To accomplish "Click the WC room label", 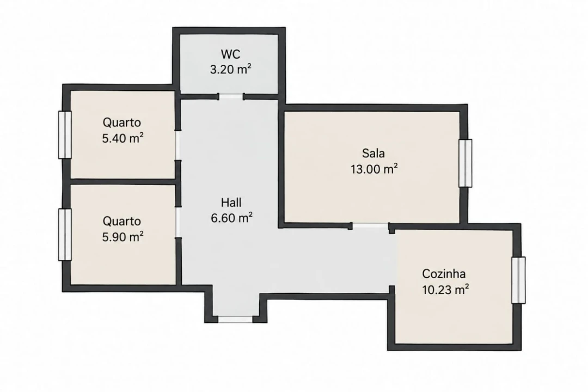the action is click(230, 54).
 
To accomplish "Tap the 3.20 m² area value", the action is click(230, 69).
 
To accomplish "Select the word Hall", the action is click(231, 203).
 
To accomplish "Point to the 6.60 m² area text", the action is click(231, 218).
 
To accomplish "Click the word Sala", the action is click(373, 153).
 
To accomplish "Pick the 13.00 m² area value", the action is click(374, 169).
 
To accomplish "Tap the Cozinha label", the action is click(444, 274).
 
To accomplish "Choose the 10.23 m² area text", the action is click(445, 290).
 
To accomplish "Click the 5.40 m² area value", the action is click(122, 138).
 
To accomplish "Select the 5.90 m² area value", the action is click(122, 237).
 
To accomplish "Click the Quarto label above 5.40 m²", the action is click(122, 122).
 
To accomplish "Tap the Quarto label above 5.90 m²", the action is click(122, 222).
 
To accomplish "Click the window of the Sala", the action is click(465, 163).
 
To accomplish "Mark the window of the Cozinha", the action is click(519, 280).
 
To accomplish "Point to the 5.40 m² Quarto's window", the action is click(65, 134).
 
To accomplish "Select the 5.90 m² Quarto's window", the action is click(65, 235).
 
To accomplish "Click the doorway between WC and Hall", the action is click(231, 96).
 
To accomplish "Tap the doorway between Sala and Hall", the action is click(371, 226).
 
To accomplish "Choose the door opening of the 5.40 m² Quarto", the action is click(178, 145).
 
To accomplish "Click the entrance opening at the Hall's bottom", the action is click(236, 319).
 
